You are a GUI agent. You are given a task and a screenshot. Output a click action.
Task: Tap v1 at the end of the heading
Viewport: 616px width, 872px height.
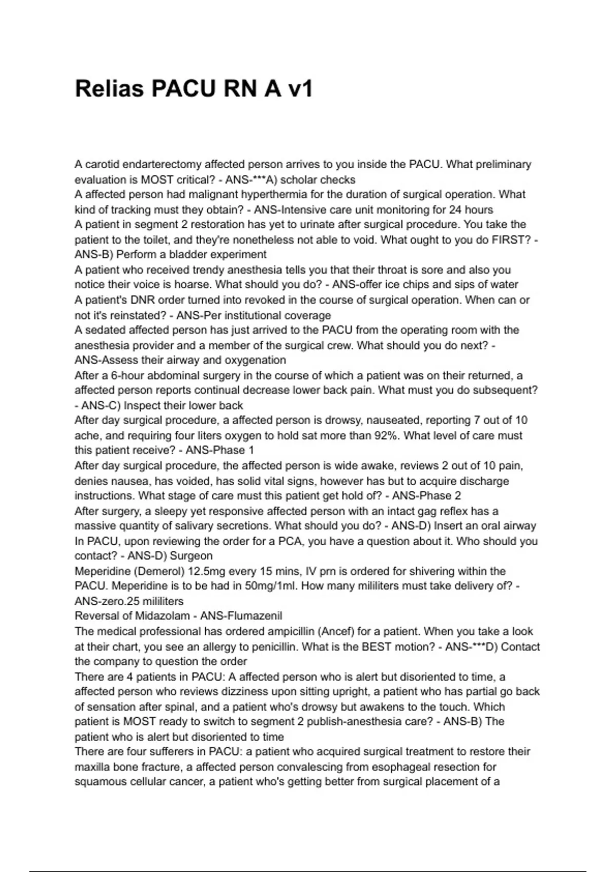point(300,89)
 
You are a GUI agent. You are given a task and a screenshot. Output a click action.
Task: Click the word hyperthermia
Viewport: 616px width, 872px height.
point(270,194)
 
